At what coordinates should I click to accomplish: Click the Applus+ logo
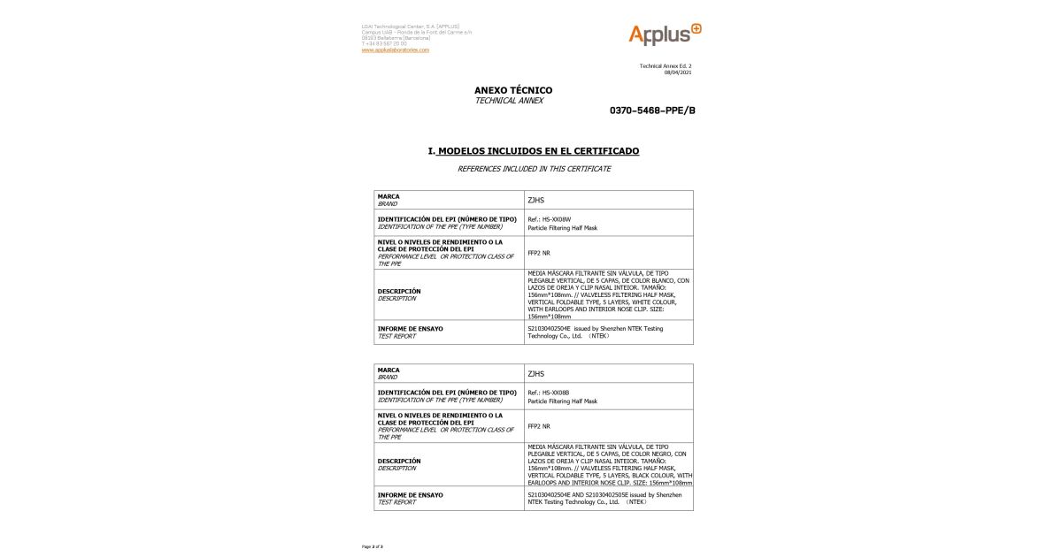coord(665,34)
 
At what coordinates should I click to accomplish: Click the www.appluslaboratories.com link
coord(395,50)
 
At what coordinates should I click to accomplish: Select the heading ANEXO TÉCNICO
coord(513,90)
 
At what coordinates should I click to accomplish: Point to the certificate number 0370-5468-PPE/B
coord(652,111)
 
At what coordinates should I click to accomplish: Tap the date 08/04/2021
coord(678,72)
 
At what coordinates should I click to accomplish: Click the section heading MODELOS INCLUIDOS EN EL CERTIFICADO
coord(538,151)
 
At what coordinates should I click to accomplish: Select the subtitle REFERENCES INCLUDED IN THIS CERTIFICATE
coord(534,169)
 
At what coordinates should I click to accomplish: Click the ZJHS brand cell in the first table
coord(535,200)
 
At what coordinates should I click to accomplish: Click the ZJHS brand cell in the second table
coord(535,373)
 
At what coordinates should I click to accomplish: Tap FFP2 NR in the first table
coord(538,253)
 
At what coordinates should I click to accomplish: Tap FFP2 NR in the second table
coord(538,426)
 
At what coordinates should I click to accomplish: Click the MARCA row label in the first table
coord(389,196)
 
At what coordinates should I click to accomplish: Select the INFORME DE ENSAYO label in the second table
coord(410,495)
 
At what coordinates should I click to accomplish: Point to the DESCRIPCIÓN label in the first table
coord(399,291)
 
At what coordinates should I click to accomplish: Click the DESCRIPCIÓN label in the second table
coord(399,461)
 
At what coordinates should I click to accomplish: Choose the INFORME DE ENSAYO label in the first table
coord(410,328)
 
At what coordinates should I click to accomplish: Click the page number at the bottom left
coord(372,546)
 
